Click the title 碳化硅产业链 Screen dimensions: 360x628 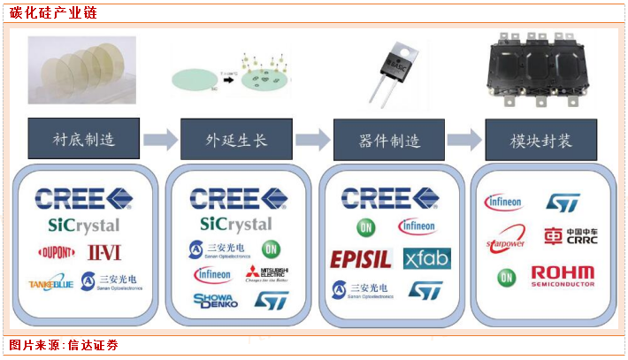(53, 13)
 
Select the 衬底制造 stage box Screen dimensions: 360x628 (84, 140)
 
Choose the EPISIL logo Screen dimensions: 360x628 (361, 259)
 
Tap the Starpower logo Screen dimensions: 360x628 (507, 240)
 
